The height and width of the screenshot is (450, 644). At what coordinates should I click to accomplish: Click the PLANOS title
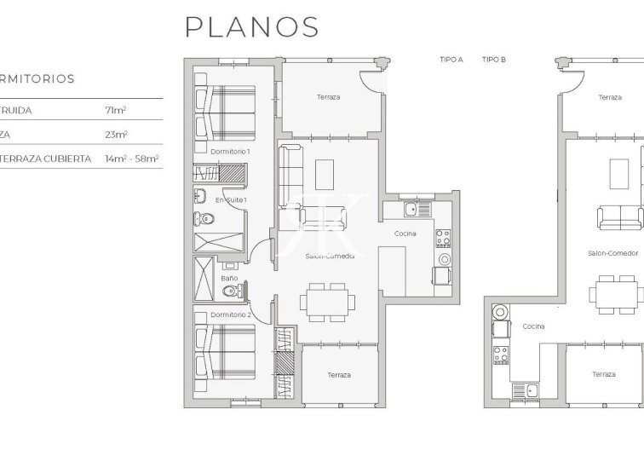point(252,26)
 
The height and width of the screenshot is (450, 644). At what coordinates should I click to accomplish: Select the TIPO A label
point(451,60)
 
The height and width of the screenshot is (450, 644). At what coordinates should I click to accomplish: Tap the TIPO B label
point(494,60)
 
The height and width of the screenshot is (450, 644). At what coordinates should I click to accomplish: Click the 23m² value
point(116,135)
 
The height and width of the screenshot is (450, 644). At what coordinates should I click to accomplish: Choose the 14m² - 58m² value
point(132,159)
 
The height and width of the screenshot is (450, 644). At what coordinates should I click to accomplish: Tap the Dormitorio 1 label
point(229,151)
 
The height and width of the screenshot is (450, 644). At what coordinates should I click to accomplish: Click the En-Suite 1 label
point(231,199)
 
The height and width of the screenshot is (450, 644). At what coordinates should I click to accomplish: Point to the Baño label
point(229,278)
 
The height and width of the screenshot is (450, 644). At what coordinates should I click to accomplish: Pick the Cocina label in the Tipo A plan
point(405,234)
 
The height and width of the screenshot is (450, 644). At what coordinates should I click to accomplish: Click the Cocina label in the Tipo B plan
point(533,326)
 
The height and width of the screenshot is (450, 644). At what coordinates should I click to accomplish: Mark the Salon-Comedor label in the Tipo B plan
point(613,253)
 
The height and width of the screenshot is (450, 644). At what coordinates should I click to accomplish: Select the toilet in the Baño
point(227,293)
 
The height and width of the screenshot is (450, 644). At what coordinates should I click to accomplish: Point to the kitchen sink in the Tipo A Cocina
point(411,208)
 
